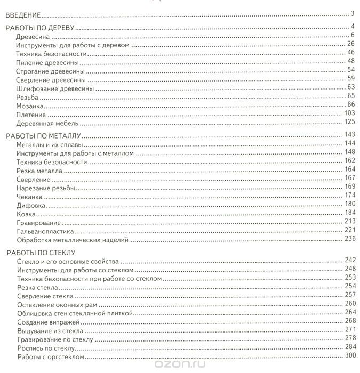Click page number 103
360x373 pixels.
click(349, 113)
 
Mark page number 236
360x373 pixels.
click(349, 239)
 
